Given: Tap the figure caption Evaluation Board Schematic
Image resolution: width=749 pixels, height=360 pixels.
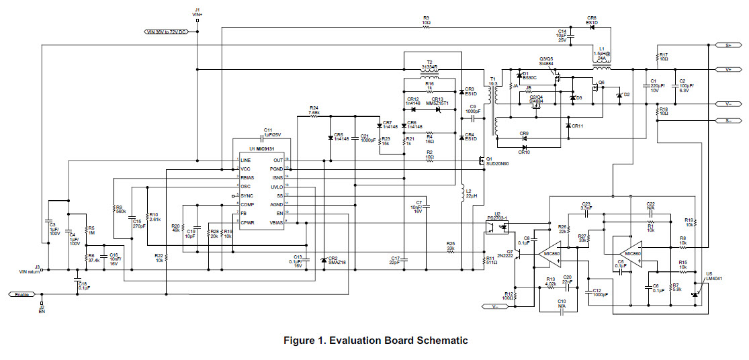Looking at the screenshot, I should [x=375, y=341].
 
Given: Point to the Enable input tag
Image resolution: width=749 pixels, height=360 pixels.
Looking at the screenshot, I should [x=21, y=294].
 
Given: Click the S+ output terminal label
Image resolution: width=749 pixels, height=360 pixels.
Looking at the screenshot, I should [x=728, y=45].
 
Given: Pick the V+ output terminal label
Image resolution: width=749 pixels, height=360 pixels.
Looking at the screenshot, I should [x=728, y=69].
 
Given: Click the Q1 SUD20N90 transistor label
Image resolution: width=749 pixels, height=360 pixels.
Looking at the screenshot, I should [x=498, y=161].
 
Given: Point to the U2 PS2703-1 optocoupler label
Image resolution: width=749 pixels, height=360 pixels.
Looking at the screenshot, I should [x=498, y=216].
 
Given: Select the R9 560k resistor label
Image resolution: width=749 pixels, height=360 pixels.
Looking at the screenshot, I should [x=121, y=209].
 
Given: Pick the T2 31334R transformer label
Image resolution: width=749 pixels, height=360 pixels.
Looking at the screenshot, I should [x=429, y=66].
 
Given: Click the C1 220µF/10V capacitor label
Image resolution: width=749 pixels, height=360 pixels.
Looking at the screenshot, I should [x=654, y=85].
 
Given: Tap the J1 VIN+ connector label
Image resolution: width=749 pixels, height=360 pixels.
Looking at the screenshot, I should [x=197, y=11].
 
